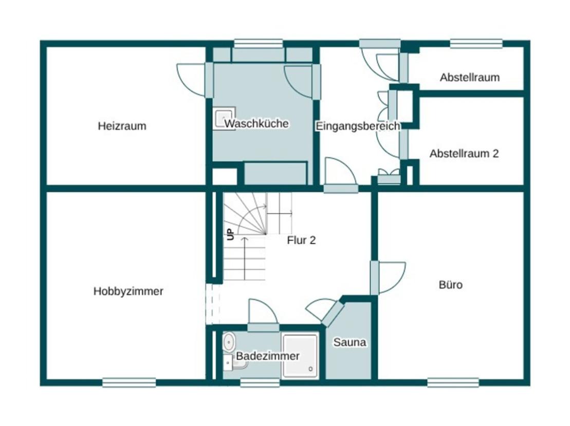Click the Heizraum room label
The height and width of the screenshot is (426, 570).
[122, 126]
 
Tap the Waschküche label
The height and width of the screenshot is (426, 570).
[256, 124]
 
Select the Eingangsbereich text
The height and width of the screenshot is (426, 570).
[357, 126]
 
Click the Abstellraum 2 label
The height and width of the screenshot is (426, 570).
[464, 153]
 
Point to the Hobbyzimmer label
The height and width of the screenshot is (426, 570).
[128, 291]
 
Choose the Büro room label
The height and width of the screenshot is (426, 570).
[450, 284]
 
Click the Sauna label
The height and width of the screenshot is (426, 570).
[350, 342]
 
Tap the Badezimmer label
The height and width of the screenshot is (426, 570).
[267, 356]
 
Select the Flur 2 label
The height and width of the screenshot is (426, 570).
[301, 240]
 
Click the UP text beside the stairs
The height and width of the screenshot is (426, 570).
[230, 234]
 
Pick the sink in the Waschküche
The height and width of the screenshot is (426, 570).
[224, 118]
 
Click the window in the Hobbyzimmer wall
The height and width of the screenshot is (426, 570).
[129, 382]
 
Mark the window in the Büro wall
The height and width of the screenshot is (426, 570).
[453, 382]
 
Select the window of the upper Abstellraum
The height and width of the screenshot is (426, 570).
[476, 44]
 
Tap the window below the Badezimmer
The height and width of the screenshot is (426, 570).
[260, 382]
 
